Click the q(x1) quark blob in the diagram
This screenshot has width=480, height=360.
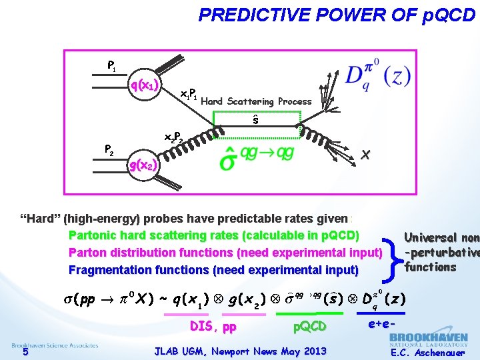(144, 85)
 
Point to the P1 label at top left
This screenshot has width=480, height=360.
(112, 65)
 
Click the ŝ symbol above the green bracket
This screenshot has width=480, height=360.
(255, 120)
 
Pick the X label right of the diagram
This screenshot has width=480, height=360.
(365, 155)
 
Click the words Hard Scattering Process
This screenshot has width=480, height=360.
(256, 101)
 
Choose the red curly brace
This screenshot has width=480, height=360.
(392, 253)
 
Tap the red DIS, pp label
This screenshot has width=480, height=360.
(213, 327)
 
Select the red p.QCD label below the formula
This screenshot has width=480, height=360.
(310, 327)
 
